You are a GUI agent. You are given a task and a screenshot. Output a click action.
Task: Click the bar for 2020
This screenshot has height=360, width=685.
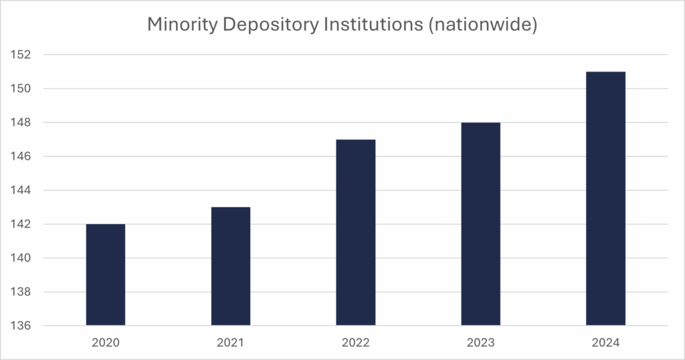point(106,275)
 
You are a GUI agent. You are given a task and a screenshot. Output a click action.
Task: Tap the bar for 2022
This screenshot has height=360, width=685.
point(356,233)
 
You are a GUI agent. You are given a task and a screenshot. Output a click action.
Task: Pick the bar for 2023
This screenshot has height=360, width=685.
point(480,224)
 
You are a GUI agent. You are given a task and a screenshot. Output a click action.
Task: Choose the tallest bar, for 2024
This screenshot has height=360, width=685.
point(605,199)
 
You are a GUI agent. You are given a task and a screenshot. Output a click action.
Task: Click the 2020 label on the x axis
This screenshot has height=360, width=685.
point(106,343)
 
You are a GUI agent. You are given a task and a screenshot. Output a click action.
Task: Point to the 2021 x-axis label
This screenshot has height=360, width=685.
point(231,343)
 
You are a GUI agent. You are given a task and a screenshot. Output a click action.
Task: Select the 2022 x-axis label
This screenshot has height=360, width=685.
point(356,343)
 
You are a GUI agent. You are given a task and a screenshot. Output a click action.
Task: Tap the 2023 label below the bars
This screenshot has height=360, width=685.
point(480,343)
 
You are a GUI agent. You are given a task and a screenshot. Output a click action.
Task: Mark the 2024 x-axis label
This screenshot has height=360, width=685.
point(605,343)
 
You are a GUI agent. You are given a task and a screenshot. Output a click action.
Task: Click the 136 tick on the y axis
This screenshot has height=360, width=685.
point(23,327)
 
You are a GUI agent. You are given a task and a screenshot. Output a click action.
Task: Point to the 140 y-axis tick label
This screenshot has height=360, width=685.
point(23,258)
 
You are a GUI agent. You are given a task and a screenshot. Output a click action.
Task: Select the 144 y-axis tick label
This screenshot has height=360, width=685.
point(23,191)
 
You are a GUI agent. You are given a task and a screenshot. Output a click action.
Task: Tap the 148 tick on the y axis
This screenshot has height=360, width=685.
point(23,122)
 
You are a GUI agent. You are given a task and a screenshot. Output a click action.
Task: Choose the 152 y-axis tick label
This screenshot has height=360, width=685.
point(23,55)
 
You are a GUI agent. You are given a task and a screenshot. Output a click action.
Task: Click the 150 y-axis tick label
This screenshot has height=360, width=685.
point(23,88)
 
